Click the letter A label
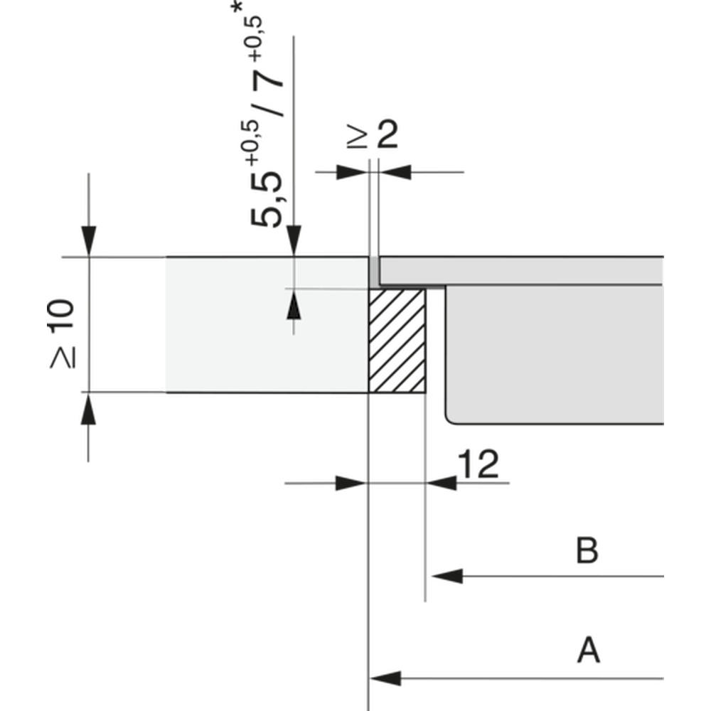tap(589, 650)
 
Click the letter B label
tap(587, 550)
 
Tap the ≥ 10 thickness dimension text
tap(62, 333)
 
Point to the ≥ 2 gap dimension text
tap(373, 134)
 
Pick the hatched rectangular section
tap(397, 341)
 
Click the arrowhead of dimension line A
tap(385, 678)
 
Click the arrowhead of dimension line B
tap(447, 576)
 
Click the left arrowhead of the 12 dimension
tap(351, 483)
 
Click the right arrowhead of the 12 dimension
tap(442, 483)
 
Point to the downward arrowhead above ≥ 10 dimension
tap(88, 241)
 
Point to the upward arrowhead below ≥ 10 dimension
tap(88, 408)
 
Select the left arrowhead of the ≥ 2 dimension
tap(352, 172)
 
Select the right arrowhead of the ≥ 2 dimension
tap(395, 172)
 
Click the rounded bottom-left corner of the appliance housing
tap(450, 420)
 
